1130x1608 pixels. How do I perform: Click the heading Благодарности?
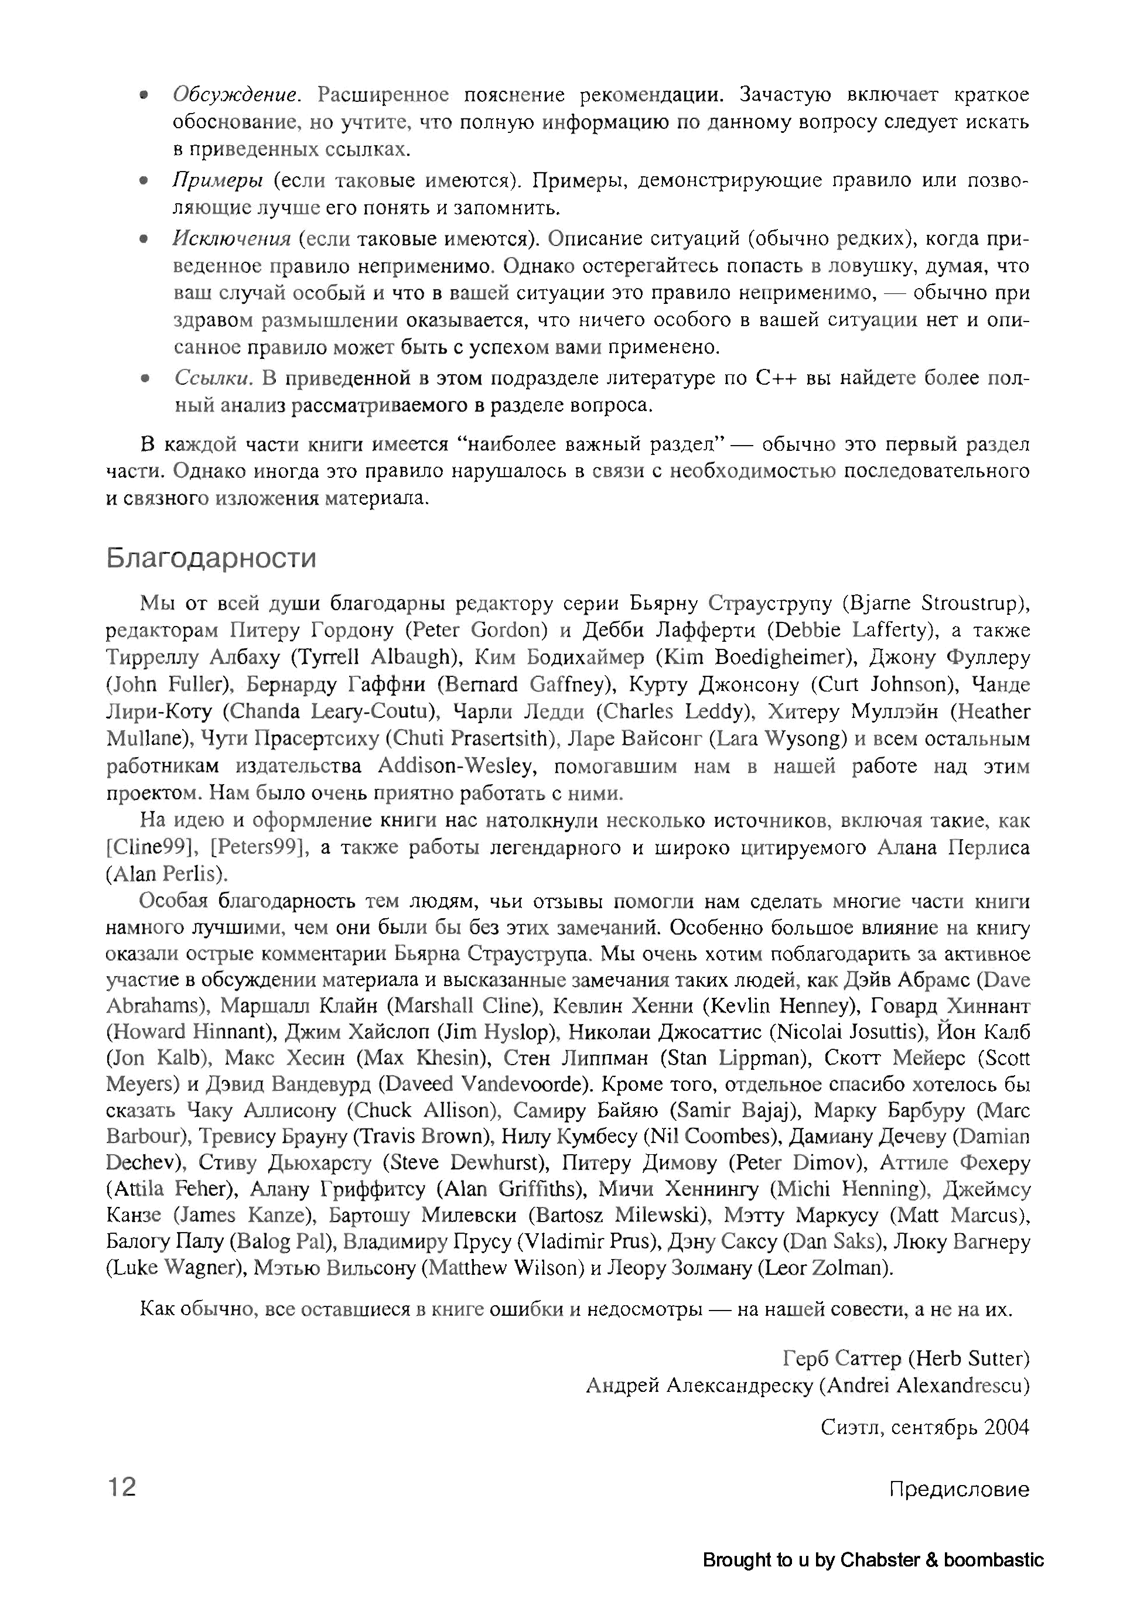[x=211, y=558]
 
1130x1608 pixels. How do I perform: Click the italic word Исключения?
[x=231, y=239]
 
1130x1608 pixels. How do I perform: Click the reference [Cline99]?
[x=149, y=848]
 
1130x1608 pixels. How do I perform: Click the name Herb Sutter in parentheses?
[x=969, y=1359]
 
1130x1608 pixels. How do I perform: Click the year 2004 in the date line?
[x=1007, y=1427]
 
